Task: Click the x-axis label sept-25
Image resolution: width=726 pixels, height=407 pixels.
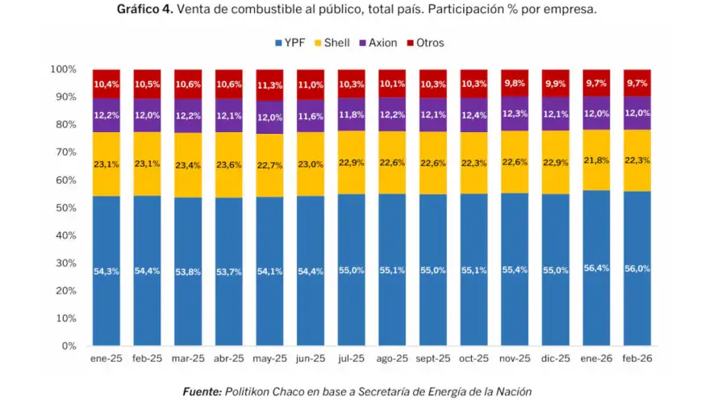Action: (433, 359)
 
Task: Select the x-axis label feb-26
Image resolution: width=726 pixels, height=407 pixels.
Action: (637, 359)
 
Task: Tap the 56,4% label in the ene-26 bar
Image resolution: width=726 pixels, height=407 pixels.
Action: (597, 268)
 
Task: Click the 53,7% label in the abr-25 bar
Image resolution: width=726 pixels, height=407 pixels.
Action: (229, 272)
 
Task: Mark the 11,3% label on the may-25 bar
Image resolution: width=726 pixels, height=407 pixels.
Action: (270, 85)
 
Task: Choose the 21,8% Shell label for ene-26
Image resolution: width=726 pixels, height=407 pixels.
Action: (597, 160)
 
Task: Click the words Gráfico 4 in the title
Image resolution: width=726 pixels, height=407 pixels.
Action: (144, 10)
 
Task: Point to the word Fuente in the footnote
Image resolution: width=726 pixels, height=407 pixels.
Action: (202, 392)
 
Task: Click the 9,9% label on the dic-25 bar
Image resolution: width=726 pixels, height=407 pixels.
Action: (556, 84)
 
